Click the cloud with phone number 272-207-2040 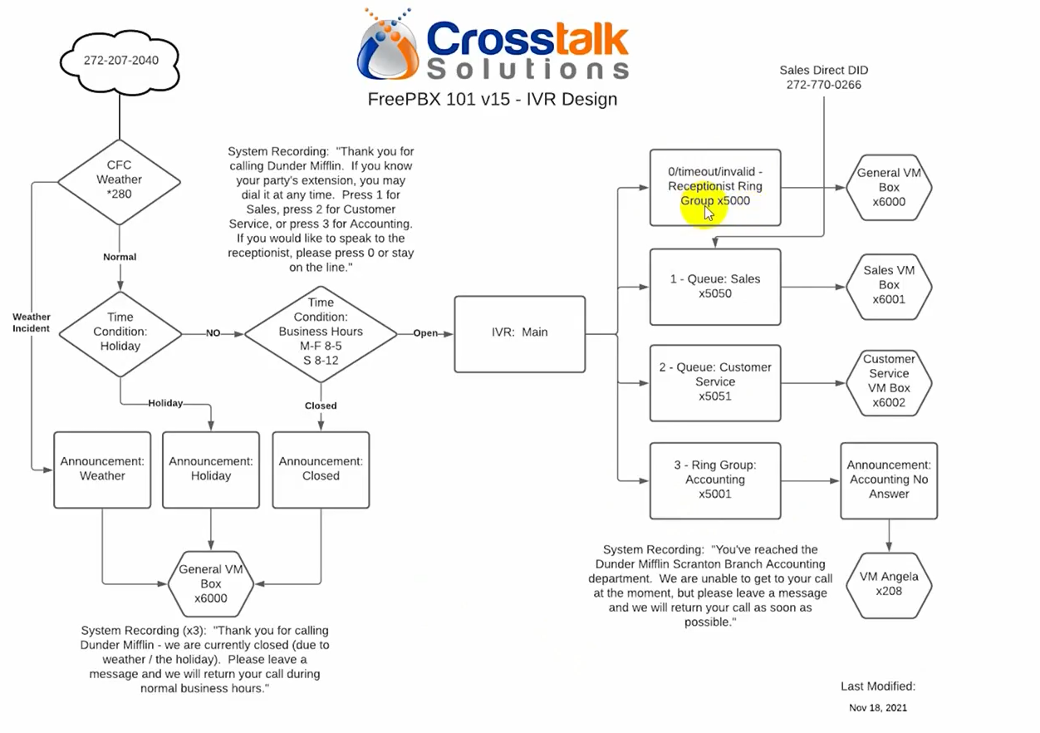point(120,61)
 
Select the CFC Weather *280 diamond point(120,182)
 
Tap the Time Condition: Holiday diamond point(120,333)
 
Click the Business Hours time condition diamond point(321,334)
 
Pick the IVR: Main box point(519,334)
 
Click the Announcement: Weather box point(102,470)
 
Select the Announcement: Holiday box point(211,470)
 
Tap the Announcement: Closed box point(321,470)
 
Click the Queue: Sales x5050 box point(715,287)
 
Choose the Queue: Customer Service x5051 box point(715,383)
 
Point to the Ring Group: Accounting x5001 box point(715,480)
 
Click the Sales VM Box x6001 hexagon point(889,287)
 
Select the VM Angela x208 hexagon point(889,585)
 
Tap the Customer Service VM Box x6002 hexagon point(889,383)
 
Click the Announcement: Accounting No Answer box point(889,480)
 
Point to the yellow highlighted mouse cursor point(708,214)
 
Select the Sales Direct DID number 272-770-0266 point(824,85)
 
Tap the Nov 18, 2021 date point(877,707)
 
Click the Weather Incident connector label point(31,322)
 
